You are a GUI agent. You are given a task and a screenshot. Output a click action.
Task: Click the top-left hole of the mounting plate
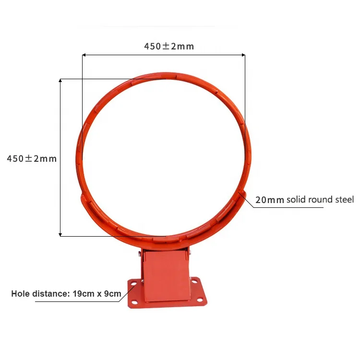click(132, 284)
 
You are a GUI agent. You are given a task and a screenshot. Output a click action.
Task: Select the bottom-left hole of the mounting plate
click(134, 302)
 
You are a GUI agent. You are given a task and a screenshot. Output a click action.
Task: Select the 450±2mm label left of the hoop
click(32, 158)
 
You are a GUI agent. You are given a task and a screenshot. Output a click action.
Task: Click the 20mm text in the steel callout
click(270, 200)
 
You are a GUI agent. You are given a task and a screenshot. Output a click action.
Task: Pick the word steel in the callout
click(343, 199)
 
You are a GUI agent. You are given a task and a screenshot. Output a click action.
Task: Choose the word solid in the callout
click(296, 199)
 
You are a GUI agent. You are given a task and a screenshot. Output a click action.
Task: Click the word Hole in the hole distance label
click(20, 294)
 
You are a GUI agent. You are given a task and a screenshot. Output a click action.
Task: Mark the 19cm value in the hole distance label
click(82, 294)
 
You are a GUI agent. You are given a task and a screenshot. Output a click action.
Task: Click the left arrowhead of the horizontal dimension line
click(84, 55)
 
